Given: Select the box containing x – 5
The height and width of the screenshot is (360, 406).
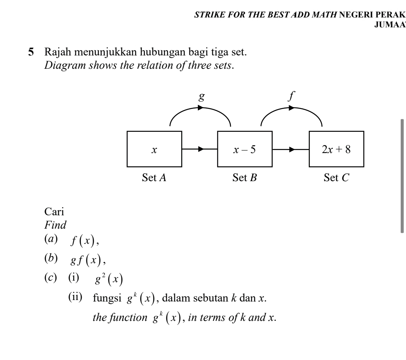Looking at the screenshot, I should [x=245, y=149].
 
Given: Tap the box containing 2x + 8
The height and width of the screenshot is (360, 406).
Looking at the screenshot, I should [x=336, y=149].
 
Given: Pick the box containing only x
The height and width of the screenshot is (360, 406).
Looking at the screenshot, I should [x=154, y=149].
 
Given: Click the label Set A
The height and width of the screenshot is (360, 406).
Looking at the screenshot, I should [x=154, y=177].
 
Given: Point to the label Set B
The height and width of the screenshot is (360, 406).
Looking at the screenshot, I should [x=245, y=177].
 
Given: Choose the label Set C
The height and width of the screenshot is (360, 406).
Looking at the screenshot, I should [x=336, y=177].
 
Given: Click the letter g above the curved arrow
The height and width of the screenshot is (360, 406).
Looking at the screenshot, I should [x=202, y=96].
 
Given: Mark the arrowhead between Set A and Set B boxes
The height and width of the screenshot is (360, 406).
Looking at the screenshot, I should [x=201, y=149].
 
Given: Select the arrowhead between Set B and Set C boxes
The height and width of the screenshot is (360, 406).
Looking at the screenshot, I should [x=292, y=149].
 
